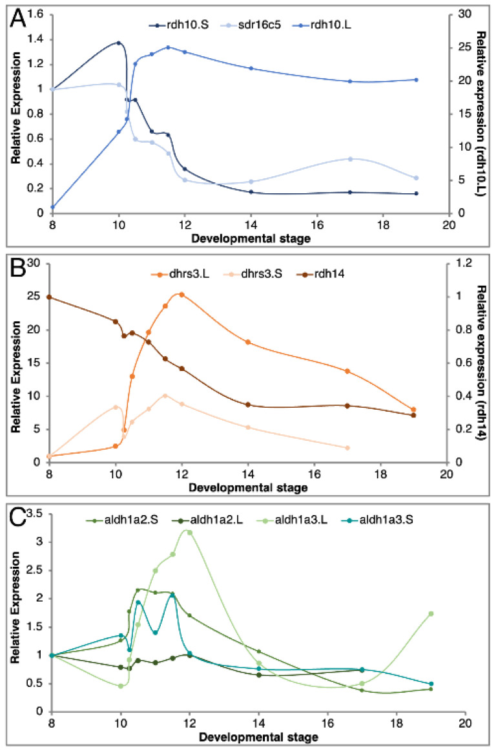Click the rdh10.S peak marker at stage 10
(119, 43)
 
